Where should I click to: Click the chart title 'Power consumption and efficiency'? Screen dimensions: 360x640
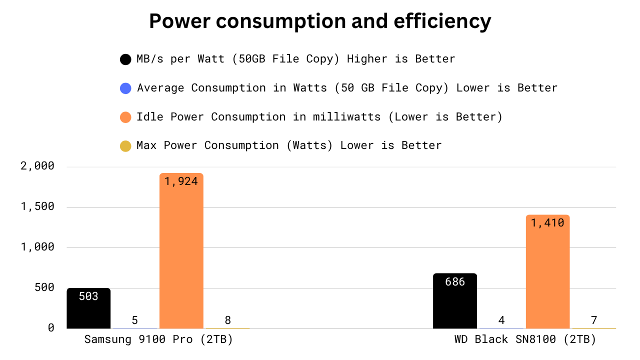pos(320,21)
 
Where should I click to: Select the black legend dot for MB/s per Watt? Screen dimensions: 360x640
pos(125,59)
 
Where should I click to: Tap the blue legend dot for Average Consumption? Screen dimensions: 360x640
pos(125,88)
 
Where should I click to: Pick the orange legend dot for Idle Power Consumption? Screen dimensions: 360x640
pos(125,117)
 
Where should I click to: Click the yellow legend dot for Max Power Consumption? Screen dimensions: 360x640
pos(125,146)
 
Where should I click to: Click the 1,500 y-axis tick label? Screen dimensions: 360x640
pos(37,206)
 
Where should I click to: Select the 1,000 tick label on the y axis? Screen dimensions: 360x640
pos(37,247)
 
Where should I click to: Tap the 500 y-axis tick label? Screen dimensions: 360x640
pos(44,287)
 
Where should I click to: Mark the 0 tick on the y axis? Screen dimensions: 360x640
pos(51,327)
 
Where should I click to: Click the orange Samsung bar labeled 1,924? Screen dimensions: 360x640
pos(181,250)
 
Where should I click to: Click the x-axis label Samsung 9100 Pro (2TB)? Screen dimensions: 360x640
pos(158,339)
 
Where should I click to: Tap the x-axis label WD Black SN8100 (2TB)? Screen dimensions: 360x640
pos(525,339)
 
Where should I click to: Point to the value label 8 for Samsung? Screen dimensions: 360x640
pos(227,320)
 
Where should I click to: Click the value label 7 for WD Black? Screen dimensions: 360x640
pos(594,320)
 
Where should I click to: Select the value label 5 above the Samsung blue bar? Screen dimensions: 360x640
pos(135,320)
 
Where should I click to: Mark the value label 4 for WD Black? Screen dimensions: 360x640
pos(501,320)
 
